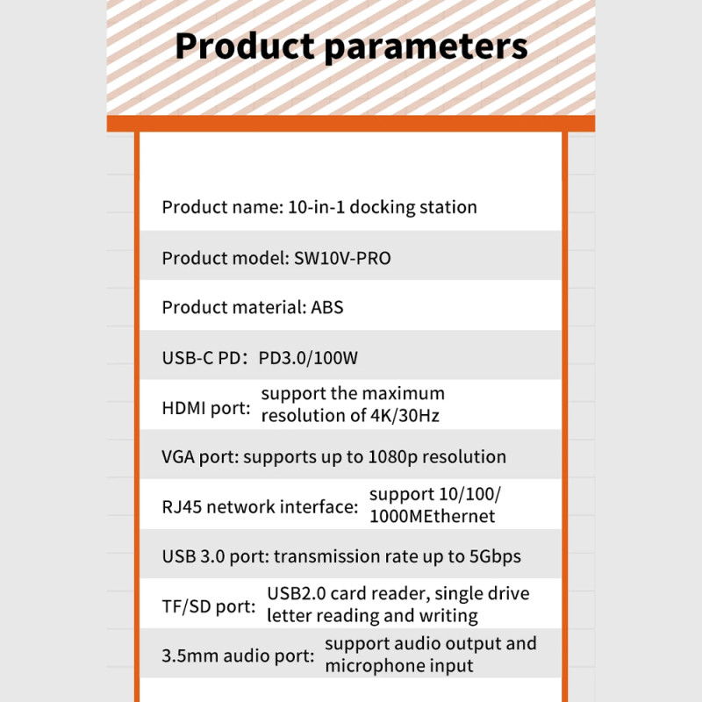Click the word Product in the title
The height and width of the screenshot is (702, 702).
[x=245, y=46]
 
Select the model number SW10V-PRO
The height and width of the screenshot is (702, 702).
[x=342, y=258]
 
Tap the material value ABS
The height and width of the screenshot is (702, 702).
[x=326, y=308]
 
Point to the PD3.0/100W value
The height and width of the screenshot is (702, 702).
[x=308, y=358]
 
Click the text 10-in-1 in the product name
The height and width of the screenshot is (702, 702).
[x=316, y=207]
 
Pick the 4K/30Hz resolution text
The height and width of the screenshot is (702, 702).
[x=405, y=415]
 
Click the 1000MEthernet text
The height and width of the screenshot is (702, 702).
[x=432, y=516]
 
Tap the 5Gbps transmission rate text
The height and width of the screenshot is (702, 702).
[x=495, y=557]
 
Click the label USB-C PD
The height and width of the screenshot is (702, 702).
[x=204, y=358]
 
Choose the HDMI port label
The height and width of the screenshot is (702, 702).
[x=206, y=408]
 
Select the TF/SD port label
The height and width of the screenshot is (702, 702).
[x=209, y=606]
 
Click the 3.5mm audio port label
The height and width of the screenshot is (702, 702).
[x=238, y=655]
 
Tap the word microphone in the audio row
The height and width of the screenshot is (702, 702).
[x=375, y=666]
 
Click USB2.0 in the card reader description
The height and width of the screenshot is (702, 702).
[x=297, y=593]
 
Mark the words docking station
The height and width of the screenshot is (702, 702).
[x=413, y=208]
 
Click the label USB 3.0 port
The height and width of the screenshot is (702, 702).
[x=215, y=557]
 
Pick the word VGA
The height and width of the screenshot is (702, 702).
[x=178, y=457]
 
